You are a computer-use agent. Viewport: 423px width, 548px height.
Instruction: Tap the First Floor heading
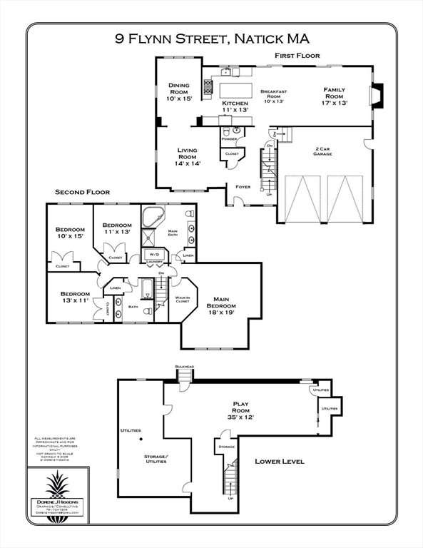[297, 56]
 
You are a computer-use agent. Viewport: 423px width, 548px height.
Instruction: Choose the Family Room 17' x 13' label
[334, 96]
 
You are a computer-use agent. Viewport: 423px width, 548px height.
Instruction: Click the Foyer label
[243, 187]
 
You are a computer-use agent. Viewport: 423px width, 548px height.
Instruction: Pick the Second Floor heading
[82, 193]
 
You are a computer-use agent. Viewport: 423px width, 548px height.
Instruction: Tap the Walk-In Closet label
[183, 299]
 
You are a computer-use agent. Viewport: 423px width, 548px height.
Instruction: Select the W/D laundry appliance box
[154, 254]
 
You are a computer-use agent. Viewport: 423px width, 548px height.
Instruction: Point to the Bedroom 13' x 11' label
[75, 298]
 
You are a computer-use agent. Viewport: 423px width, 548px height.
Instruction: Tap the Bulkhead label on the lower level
[185, 367]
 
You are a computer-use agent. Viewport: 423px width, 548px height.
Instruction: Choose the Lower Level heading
[280, 462]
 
